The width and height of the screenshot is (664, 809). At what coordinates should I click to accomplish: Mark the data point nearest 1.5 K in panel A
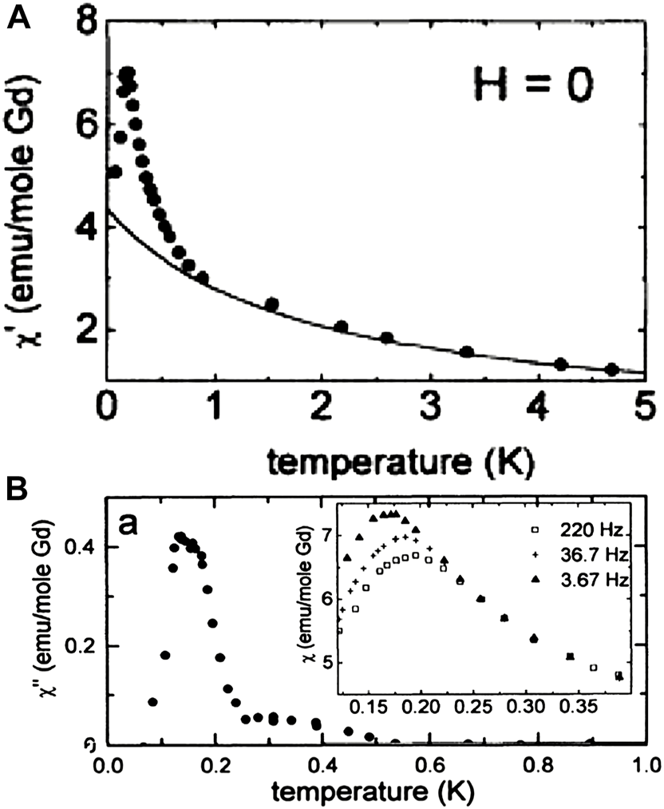click(271, 304)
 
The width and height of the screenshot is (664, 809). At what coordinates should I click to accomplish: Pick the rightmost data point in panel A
click(611, 369)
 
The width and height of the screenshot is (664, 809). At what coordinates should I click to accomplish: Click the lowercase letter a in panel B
click(131, 523)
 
